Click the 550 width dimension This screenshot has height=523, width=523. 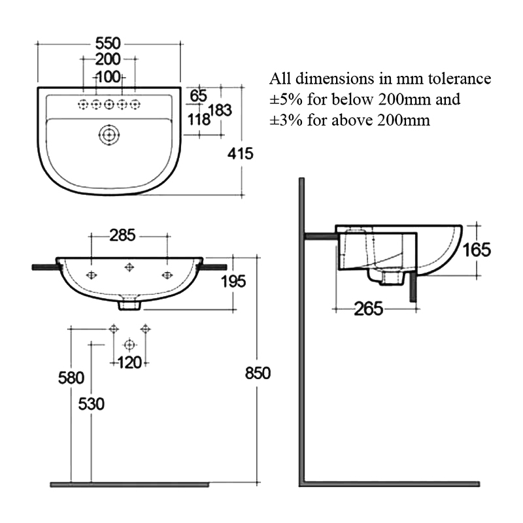click(x=109, y=44)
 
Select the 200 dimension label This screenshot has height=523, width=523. click(x=109, y=60)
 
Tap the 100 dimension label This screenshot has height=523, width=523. click(x=109, y=77)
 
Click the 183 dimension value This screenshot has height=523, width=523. click(x=221, y=110)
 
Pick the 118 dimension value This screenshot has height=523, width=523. click(x=199, y=119)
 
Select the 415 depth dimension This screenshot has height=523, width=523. click(x=240, y=154)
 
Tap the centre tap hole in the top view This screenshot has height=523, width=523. click(x=109, y=104)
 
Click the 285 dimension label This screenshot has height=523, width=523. click(x=129, y=233)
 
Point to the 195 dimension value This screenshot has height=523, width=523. click(x=233, y=282)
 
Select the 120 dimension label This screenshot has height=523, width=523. click(x=129, y=362)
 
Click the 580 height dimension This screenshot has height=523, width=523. click(x=71, y=378)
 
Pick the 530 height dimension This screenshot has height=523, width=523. click(x=91, y=403)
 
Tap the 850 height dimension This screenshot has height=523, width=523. click(x=258, y=373)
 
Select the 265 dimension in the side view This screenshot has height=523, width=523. click(x=369, y=309)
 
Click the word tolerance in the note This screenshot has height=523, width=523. click(x=458, y=79)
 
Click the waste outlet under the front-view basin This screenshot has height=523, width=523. click(x=129, y=304)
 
